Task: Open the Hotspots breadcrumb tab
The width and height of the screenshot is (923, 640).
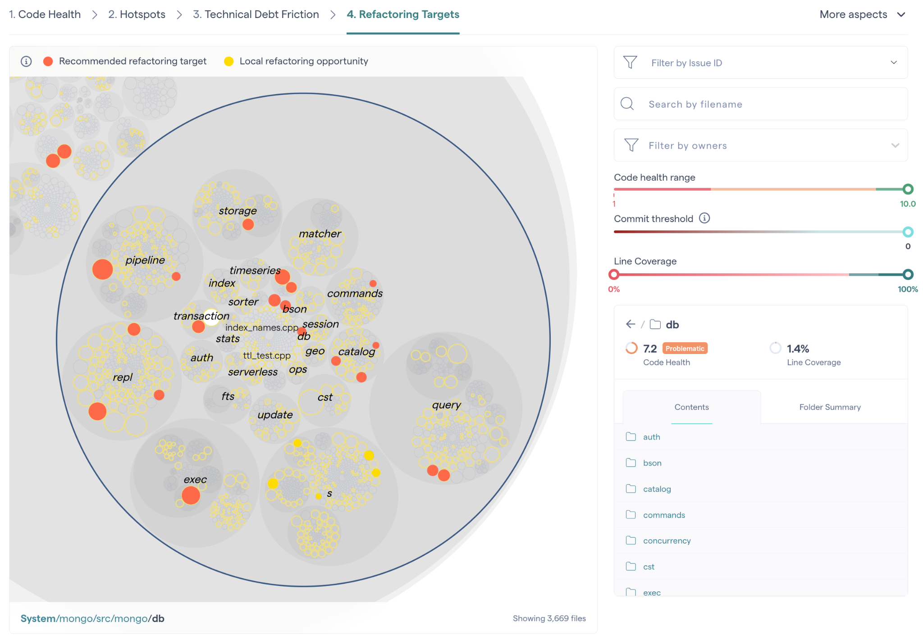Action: point(137,14)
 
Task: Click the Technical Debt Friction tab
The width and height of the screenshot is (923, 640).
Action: point(256,14)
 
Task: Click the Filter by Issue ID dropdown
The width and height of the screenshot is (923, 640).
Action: point(760,63)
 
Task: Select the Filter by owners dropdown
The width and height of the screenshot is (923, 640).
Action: point(760,145)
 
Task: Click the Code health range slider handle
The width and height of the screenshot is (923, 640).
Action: point(908,189)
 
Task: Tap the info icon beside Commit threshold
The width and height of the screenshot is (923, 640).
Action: point(704,218)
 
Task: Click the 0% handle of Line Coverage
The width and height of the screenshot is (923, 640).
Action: point(614,274)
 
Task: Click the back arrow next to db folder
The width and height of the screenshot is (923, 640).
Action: point(631,324)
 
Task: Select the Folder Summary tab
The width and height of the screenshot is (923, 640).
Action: point(830,407)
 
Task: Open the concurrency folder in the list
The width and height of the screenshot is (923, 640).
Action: point(667,540)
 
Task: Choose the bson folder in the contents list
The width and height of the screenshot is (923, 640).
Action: point(652,463)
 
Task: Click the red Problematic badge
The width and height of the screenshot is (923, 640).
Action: point(685,349)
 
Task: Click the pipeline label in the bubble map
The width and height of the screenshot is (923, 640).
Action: point(145,260)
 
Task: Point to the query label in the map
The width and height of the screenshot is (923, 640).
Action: point(446,405)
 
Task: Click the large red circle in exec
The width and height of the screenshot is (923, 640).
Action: point(191,495)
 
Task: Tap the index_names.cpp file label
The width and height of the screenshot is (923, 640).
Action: point(261,327)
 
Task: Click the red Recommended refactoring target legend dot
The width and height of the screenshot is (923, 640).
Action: point(48,61)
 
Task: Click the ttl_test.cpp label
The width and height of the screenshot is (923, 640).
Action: point(267,355)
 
